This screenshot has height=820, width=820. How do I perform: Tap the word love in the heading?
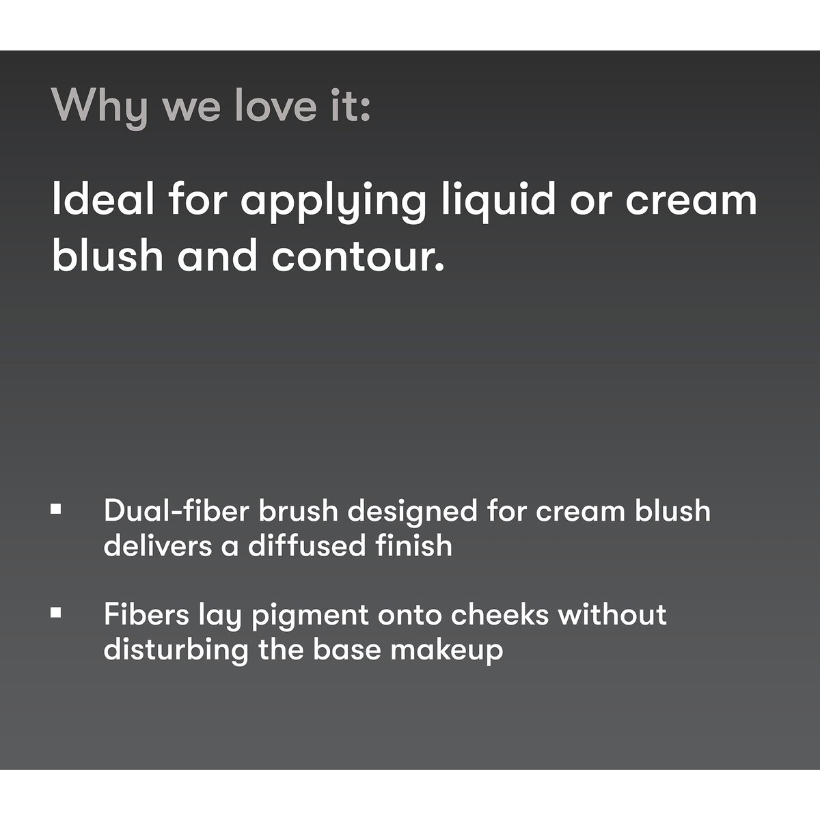pos(275,105)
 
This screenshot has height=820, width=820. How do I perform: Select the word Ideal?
pos(103,198)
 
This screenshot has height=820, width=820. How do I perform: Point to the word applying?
pos(333,203)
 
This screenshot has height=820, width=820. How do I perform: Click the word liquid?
pos(498,202)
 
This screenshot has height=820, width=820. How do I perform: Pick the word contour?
pos(358,254)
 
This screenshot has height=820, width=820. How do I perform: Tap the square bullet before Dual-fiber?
pos(55,509)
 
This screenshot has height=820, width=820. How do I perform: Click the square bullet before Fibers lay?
pos(55,613)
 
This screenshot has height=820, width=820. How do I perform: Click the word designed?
pos(412,513)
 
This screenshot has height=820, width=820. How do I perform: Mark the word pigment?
pos(310,617)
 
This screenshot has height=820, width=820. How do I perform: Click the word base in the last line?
pos(347,649)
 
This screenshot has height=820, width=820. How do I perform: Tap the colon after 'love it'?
pos(365,110)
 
